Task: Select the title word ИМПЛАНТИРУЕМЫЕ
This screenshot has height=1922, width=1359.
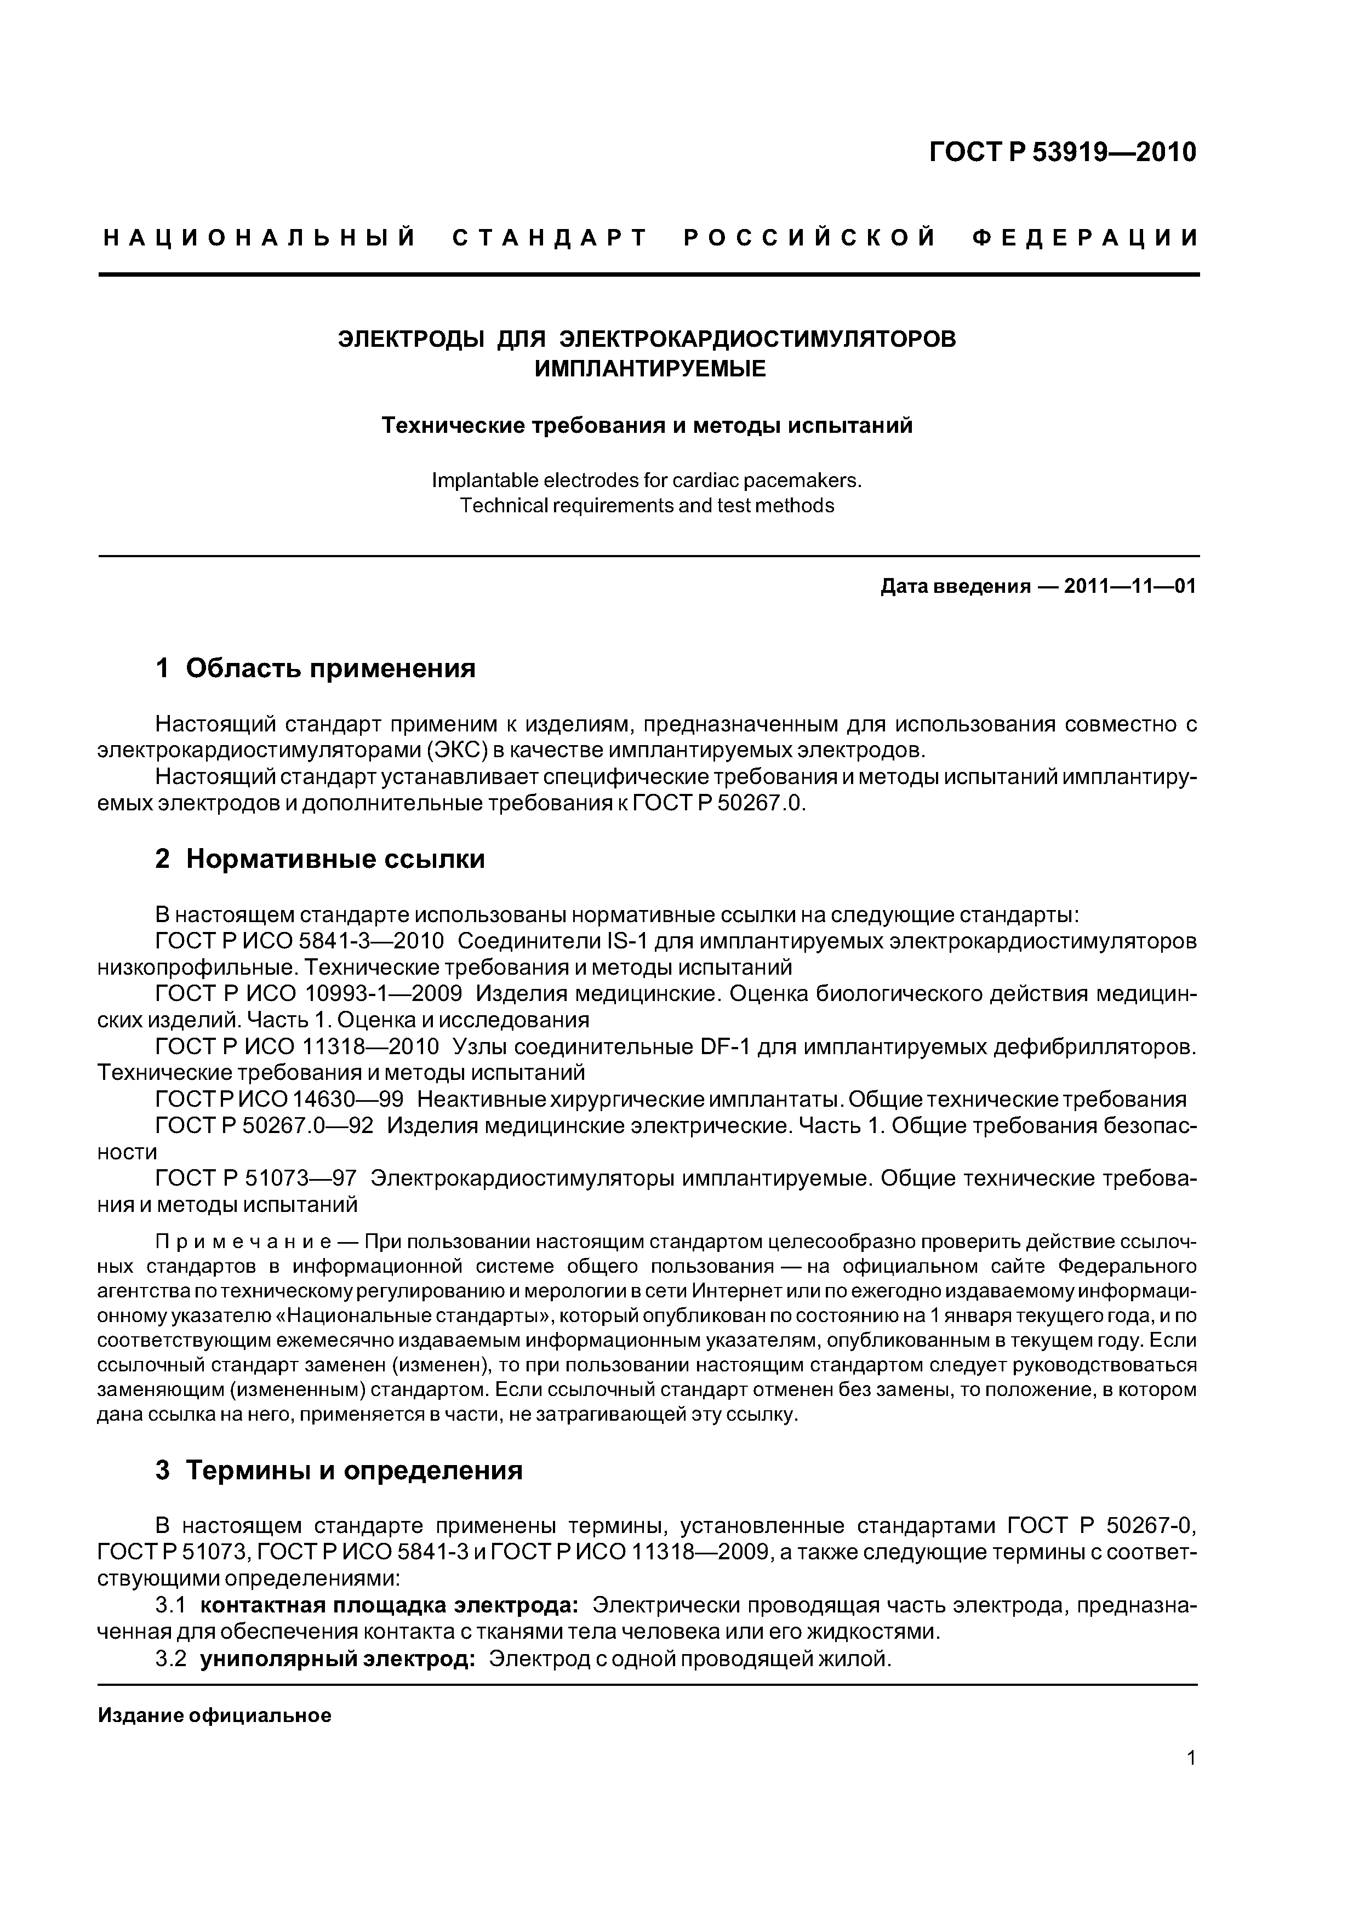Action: coord(650,368)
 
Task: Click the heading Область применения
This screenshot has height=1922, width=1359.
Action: coord(331,668)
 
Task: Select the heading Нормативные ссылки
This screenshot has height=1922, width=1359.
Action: coord(335,859)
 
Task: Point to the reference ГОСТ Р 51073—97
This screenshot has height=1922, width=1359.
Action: coord(256,1179)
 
